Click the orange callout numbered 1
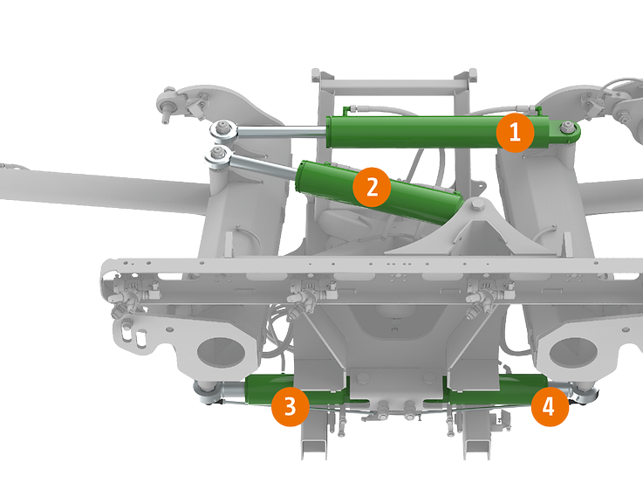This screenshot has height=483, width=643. coord(515,133)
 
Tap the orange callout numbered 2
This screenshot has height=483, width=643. coord(372,187)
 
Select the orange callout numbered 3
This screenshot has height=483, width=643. coord(290,407)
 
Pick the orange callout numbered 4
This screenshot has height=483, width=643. coord(550,407)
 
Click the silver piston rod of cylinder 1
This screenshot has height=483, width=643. coord(282,132)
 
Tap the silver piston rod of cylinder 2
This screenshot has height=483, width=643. coord(263,166)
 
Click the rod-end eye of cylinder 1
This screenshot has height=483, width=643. coord(223,131)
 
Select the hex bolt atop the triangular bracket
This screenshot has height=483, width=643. coord(476,205)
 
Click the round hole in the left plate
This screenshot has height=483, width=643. coord(221,353)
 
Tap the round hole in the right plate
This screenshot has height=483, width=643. coord(573,353)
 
